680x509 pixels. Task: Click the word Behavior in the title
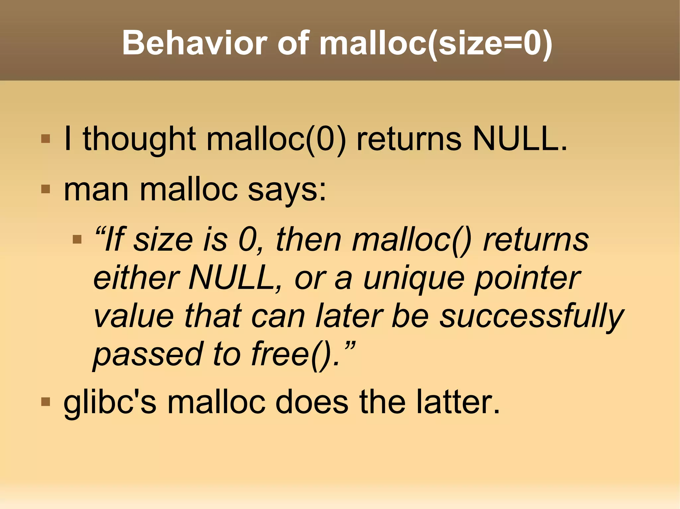point(195,43)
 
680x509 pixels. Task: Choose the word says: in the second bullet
point(287,191)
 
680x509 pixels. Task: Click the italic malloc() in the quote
point(412,240)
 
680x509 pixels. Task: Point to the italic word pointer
point(528,279)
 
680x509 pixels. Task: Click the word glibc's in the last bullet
point(110,403)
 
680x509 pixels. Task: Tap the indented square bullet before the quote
point(77,239)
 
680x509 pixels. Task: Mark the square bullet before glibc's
point(45,402)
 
